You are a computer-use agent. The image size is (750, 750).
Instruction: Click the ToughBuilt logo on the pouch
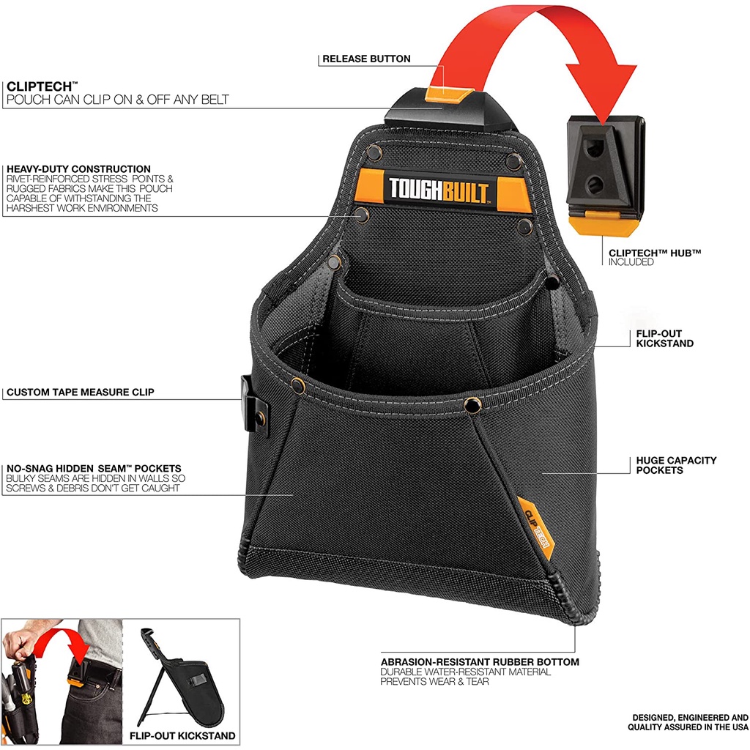pyautogui.click(x=439, y=190)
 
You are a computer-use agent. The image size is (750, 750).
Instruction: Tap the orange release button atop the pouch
pyautogui.click(x=449, y=94)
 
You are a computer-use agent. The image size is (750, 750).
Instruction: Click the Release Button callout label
pyautogui.click(x=366, y=59)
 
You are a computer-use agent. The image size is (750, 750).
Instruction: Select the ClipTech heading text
pyautogui.click(x=40, y=86)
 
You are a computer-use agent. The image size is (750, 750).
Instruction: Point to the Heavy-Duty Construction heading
pyautogui.click(x=78, y=169)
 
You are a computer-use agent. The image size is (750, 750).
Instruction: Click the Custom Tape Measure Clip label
pyautogui.click(x=81, y=393)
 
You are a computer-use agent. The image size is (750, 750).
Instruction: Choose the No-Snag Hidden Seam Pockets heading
pyautogui.click(x=94, y=468)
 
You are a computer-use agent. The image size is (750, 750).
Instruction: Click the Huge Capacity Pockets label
pyautogui.click(x=676, y=465)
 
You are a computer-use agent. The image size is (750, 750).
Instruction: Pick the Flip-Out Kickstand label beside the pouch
pyautogui.click(x=664, y=338)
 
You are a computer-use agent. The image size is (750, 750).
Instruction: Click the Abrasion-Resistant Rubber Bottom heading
pyautogui.click(x=480, y=662)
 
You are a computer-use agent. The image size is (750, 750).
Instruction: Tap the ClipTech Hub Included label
pyautogui.click(x=654, y=257)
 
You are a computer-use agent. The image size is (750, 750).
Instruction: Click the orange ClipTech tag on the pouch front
pyautogui.click(x=535, y=527)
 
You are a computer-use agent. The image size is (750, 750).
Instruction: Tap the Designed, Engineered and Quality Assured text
pyautogui.click(x=688, y=722)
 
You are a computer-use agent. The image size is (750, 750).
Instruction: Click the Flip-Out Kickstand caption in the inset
pyautogui.click(x=182, y=735)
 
